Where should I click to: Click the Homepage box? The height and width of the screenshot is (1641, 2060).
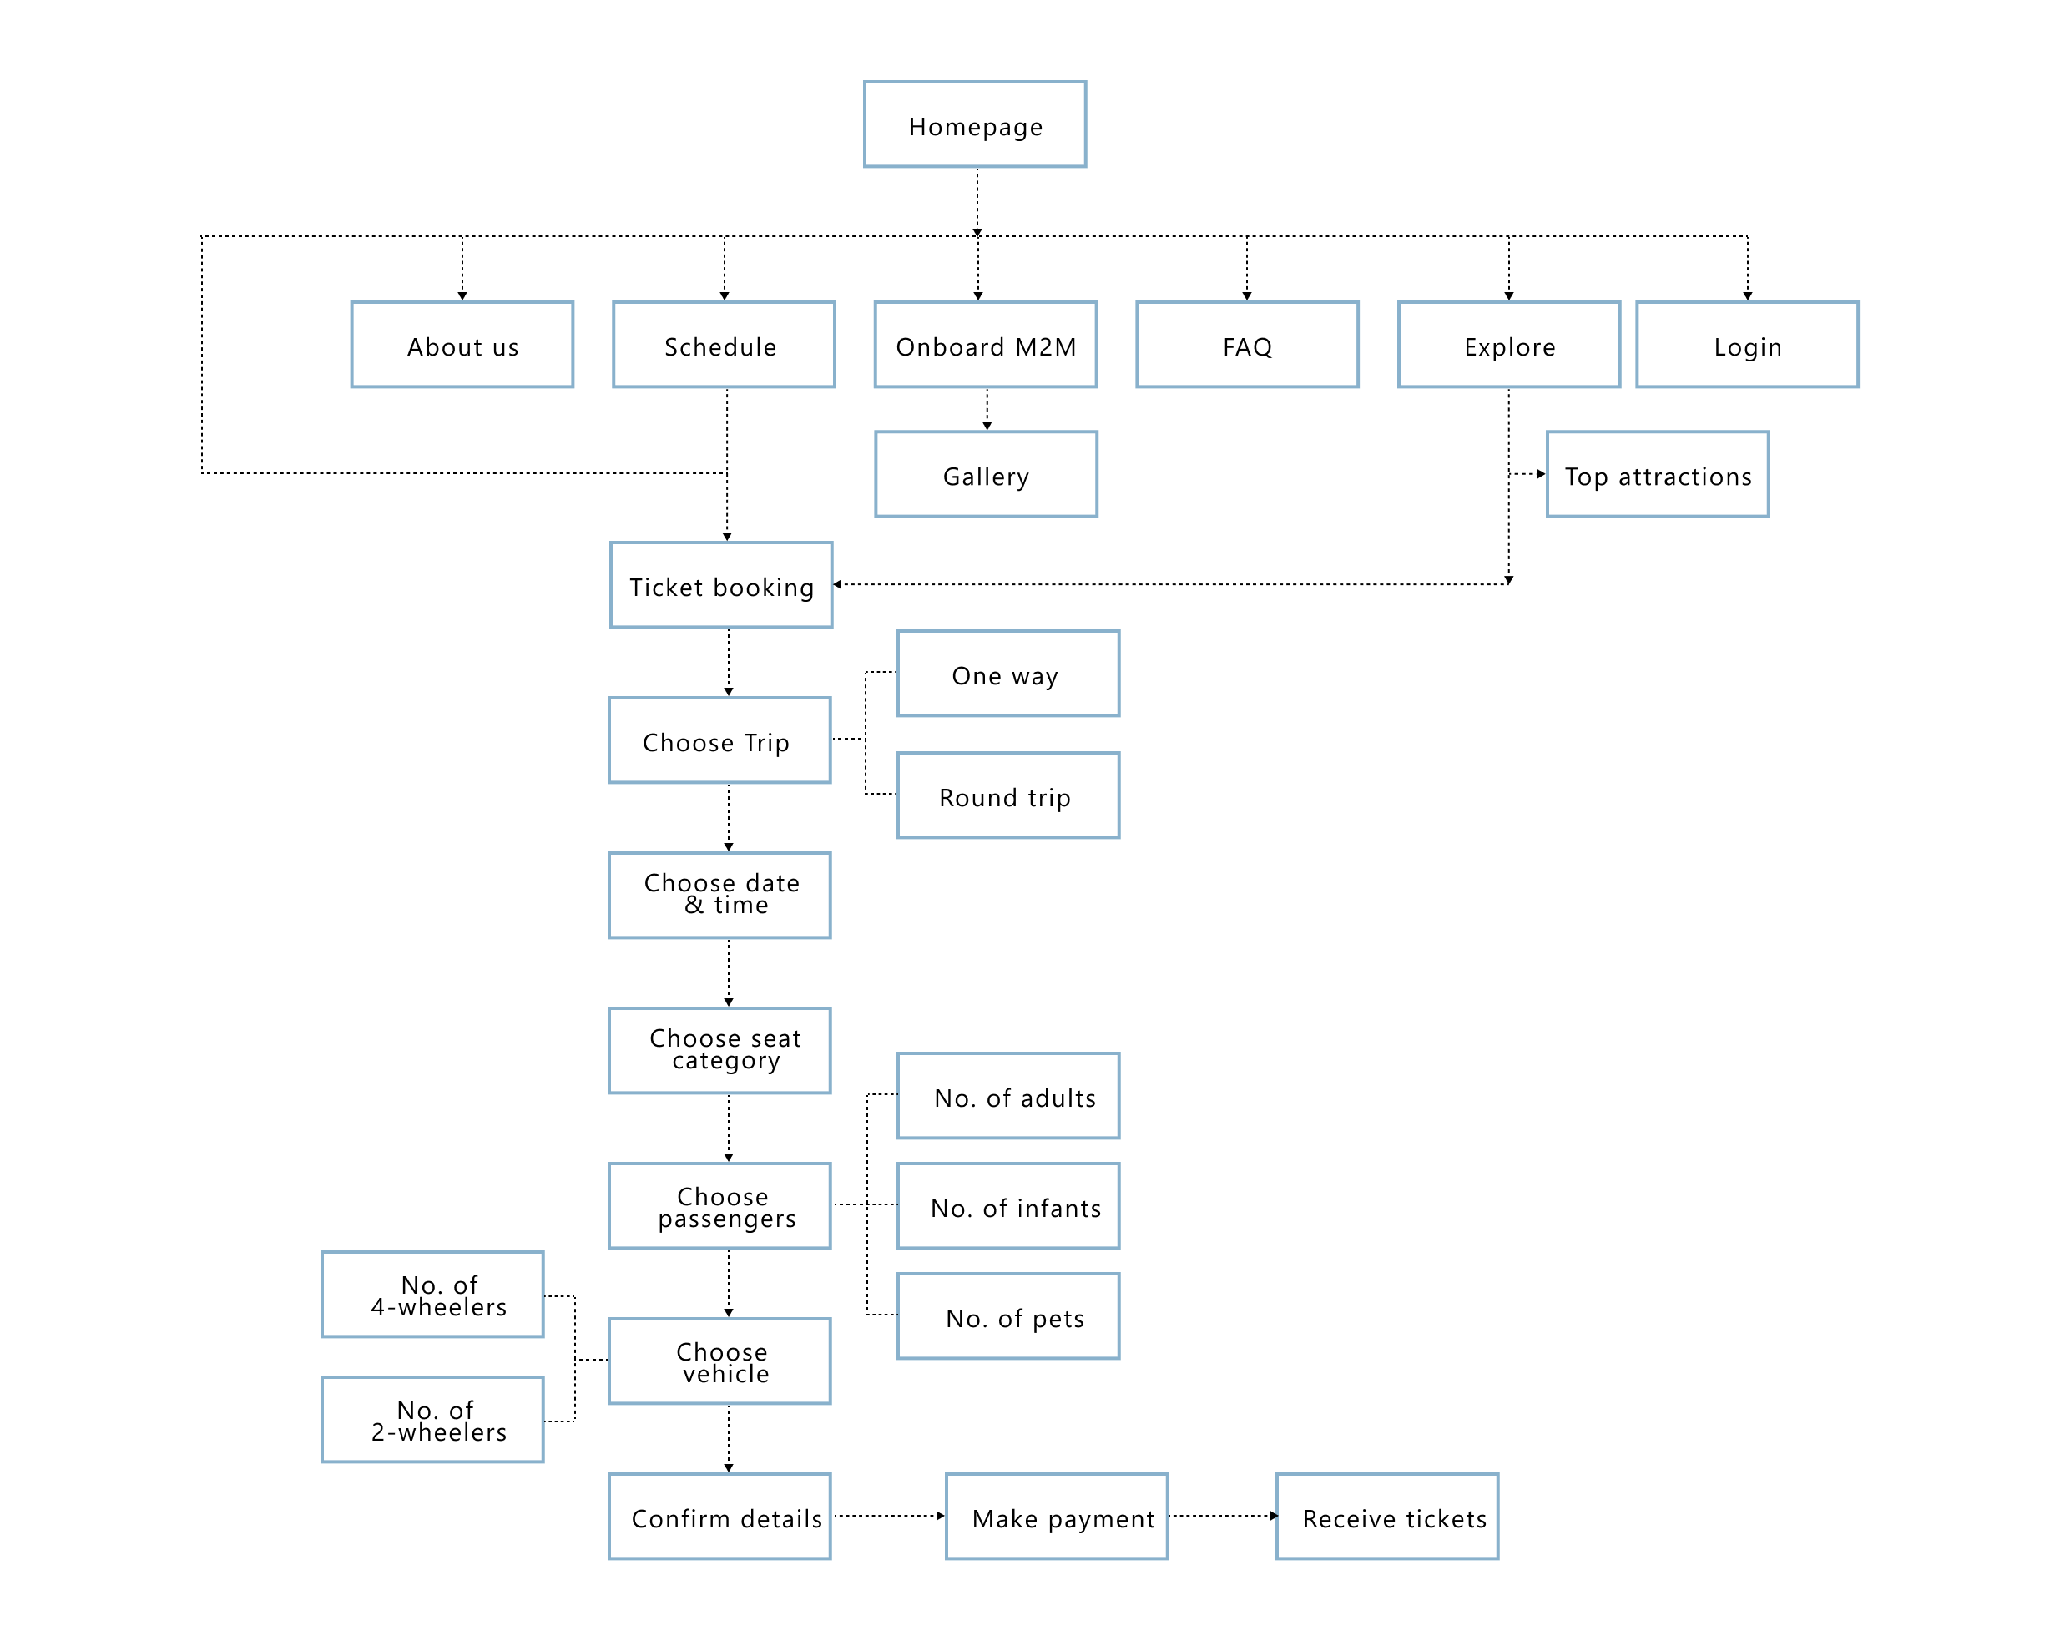(x=975, y=124)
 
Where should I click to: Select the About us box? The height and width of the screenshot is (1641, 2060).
(x=462, y=345)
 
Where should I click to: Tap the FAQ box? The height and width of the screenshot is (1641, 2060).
(x=1247, y=345)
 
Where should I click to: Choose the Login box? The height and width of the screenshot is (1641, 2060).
(x=1747, y=345)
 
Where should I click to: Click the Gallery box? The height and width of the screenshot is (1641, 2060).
(x=986, y=475)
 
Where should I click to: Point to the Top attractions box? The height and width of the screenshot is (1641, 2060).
(x=1658, y=475)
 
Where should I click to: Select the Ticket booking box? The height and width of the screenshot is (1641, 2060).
(x=721, y=585)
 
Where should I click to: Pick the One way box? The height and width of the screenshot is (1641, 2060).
(x=1008, y=674)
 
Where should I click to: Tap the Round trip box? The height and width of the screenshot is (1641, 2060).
(x=1008, y=795)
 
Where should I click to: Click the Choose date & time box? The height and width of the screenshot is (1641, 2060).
(x=719, y=896)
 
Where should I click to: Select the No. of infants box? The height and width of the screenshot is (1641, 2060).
(x=1008, y=1206)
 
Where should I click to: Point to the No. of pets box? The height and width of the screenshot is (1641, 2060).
(x=1008, y=1316)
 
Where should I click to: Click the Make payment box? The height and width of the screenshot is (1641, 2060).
(x=1057, y=1517)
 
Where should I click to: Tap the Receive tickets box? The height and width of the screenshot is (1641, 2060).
(x=1387, y=1517)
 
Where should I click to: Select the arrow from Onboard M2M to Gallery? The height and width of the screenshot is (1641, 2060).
(x=987, y=409)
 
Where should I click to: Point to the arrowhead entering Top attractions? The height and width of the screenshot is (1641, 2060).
(x=1540, y=474)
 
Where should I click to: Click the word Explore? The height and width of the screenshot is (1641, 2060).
(x=1510, y=347)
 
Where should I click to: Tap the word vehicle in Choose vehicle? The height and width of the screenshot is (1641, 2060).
(x=726, y=1375)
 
